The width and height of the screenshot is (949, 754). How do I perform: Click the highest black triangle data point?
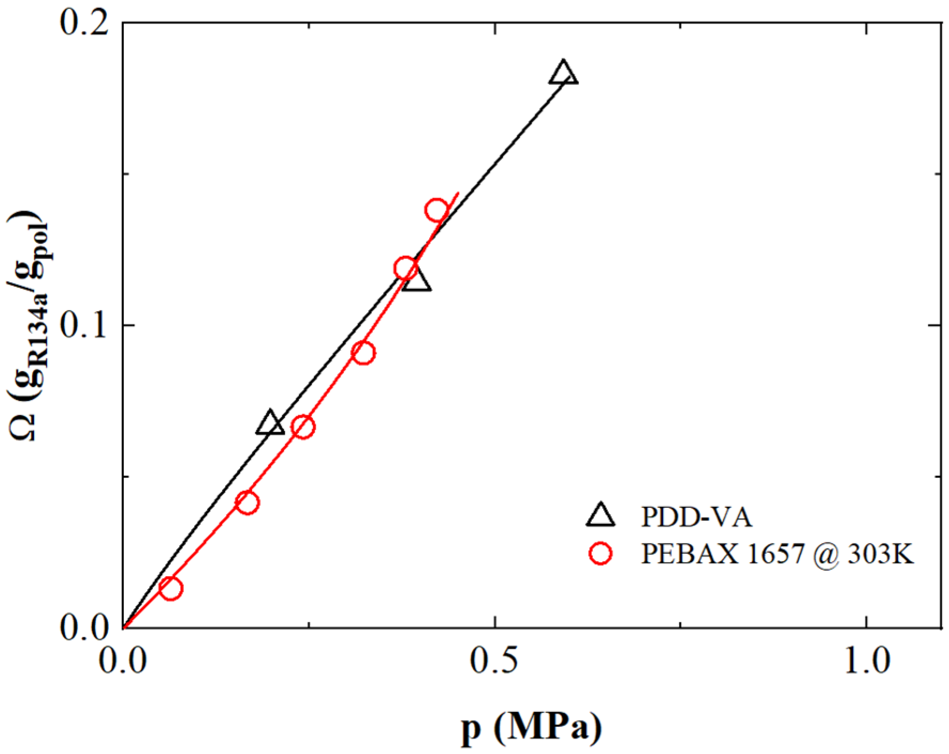(563, 74)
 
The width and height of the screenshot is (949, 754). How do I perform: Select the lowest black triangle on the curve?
(270, 423)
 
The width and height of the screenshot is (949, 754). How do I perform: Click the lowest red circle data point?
(171, 589)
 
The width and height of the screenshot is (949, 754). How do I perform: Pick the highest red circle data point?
(437, 210)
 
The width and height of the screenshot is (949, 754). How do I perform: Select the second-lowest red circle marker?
(247, 502)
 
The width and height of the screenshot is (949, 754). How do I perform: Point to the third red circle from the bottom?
(303, 427)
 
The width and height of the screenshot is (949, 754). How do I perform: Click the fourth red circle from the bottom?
(363, 352)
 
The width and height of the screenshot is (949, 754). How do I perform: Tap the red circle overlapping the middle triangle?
(405, 268)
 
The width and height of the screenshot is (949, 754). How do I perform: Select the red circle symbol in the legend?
(600, 554)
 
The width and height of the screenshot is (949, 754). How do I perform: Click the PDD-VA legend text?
(697, 517)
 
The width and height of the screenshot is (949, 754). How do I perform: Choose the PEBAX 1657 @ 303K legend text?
(777, 554)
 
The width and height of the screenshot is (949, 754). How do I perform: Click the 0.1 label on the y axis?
(84, 325)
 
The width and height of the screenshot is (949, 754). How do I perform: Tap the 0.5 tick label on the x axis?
(494, 661)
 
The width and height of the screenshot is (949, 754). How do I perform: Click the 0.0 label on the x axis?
(123, 661)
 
